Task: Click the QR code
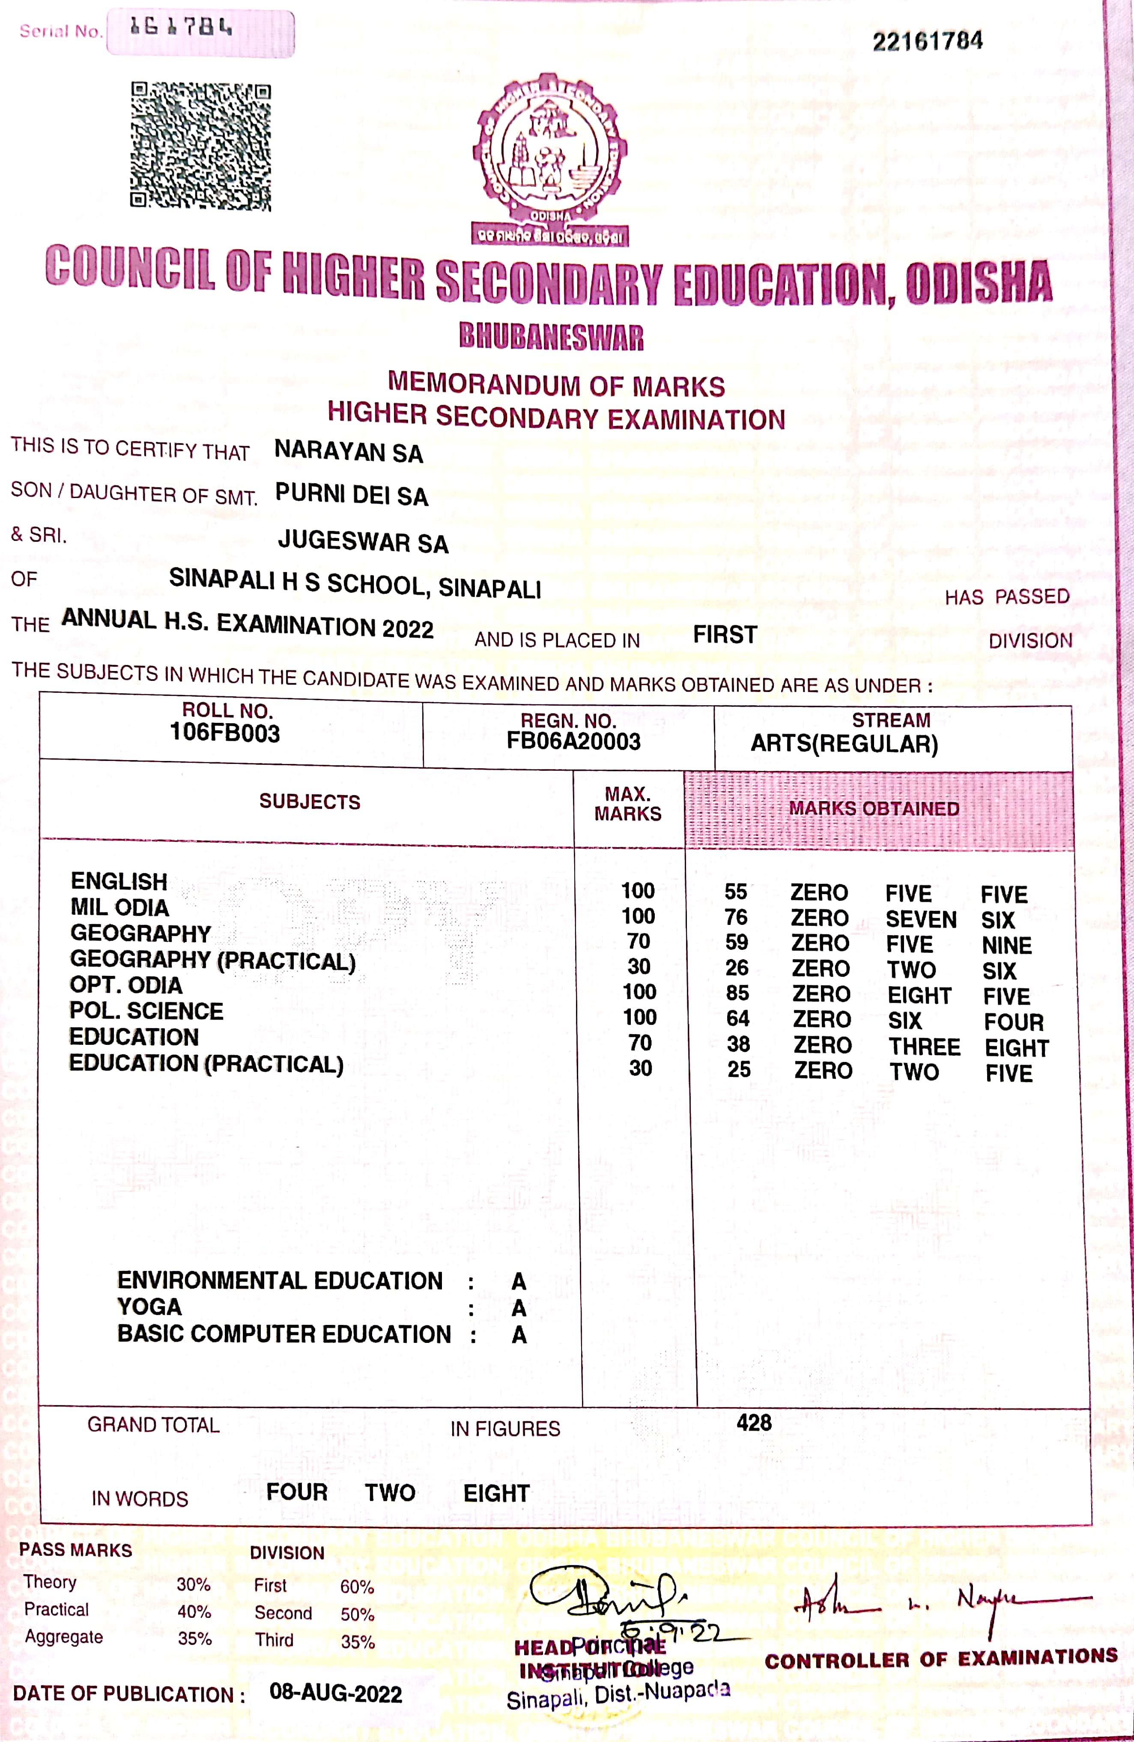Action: click(x=200, y=146)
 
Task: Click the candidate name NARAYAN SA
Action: click(x=349, y=452)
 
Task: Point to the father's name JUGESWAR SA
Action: click(x=363, y=542)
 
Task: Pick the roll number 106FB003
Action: click(x=225, y=733)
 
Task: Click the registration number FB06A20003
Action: click(x=573, y=741)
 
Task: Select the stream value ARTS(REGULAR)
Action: click(x=844, y=744)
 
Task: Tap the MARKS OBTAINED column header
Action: click(x=874, y=809)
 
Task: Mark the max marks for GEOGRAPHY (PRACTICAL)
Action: click(x=639, y=967)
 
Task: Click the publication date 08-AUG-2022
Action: click(x=336, y=1693)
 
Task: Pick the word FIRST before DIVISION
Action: click(x=725, y=635)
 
